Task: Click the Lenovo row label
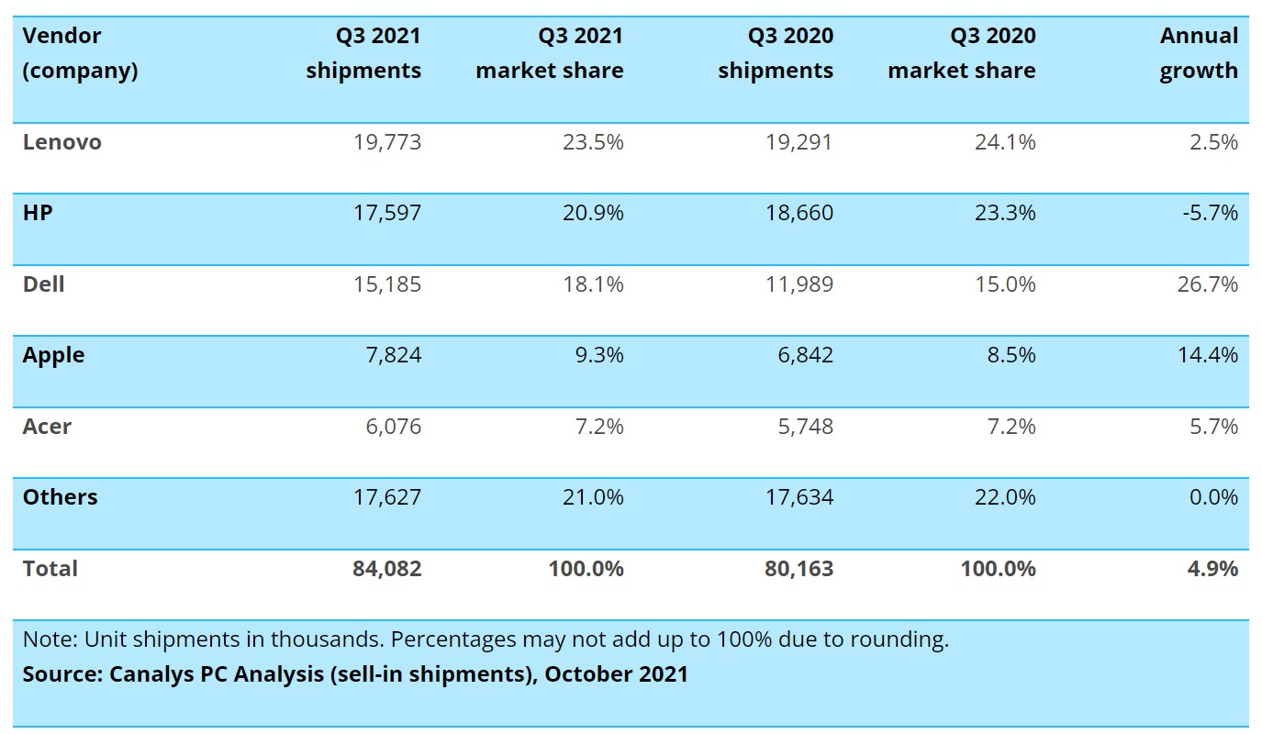pyautogui.click(x=61, y=142)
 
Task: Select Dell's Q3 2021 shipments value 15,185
pyautogui.click(x=386, y=284)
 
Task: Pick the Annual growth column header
pyautogui.click(x=1199, y=53)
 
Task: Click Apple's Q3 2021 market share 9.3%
pyautogui.click(x=598, y=355)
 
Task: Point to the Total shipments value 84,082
pyautogui.click(x=386, y=569)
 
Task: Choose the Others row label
pyautogui.click(x=60, y=497)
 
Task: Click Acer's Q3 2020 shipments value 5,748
pyautogui.click(x=800, y=427)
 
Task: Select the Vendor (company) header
pyautogui.click(x=80, y=53)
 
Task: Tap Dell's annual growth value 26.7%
pyautogui.click(x=1208, y=284)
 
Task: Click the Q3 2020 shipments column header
pyautogui.click(x=776, y=53)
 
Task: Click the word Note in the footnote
pyautogui.click(x=45, y=639)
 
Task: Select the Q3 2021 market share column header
pyautogui.click(x=549, y=53)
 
